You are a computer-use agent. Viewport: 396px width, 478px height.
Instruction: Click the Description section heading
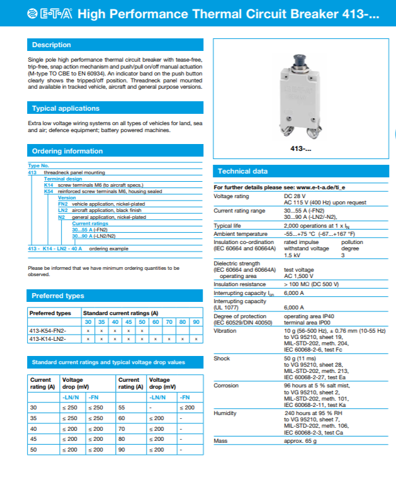(52, 45)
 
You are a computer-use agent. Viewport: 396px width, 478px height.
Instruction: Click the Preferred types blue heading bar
(58, 296)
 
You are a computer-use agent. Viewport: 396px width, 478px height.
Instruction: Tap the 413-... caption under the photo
(301, 148)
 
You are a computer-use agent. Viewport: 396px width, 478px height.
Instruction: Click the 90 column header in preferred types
(196, 321)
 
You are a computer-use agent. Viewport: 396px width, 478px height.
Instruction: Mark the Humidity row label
(225, 413)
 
